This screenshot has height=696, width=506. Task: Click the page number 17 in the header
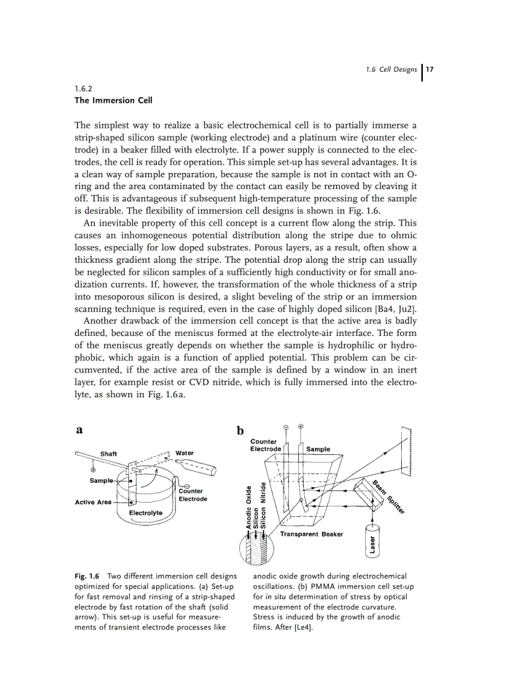tap(428, 69)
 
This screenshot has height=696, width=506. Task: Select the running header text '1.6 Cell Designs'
tap(391, 69)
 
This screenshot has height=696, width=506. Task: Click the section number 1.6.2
tap(82, 89)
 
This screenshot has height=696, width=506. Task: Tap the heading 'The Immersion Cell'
tap(113, 100)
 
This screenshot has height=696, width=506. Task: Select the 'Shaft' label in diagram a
tap(109, 454)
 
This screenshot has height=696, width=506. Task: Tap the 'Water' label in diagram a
tap(184, 453)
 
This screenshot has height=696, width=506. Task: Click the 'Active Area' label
tap(93, 502)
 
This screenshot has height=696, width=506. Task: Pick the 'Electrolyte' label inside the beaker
tap(146, 513)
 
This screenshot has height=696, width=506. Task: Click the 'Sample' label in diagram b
tap(318, 449)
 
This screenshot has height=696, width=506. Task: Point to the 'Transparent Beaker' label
tap(311, 534)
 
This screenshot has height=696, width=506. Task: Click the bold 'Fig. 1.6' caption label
tap(87, 576)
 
